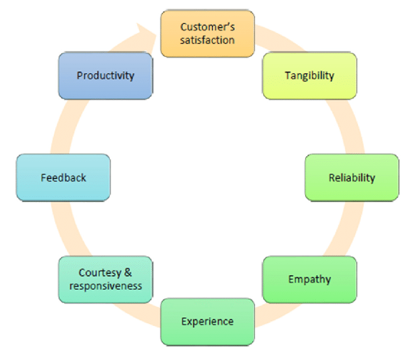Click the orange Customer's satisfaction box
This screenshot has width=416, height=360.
click(x=207, y=33)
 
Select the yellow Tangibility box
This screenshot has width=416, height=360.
click(x=309, y=76)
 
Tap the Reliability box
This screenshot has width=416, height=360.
click(x=352, y=177)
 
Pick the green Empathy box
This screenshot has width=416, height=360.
click(x=309, y=280)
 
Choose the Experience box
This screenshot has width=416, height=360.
click(x=207, y=321)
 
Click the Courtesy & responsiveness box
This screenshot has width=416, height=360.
click(x=105, y=280)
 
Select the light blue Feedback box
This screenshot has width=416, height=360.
click(x=63, y=177)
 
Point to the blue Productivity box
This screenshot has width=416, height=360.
click(x=105, y=76)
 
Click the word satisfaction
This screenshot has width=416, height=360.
click(x=207, y=40)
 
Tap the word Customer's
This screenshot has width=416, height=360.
click(x=207, y=27)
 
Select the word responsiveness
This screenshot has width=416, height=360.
click(x=106, y=286)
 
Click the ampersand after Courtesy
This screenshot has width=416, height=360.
click(x=127, y=273)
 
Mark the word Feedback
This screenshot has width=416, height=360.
click(x=63, y=178)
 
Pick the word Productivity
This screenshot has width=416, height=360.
click(x=105, y=76)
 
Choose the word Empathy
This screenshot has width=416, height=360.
click(x=309, y=280)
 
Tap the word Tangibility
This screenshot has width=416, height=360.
click(x=309, y=76)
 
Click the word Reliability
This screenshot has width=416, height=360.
click(x=352, y=178)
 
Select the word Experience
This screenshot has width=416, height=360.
click(x=207, y=322)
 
